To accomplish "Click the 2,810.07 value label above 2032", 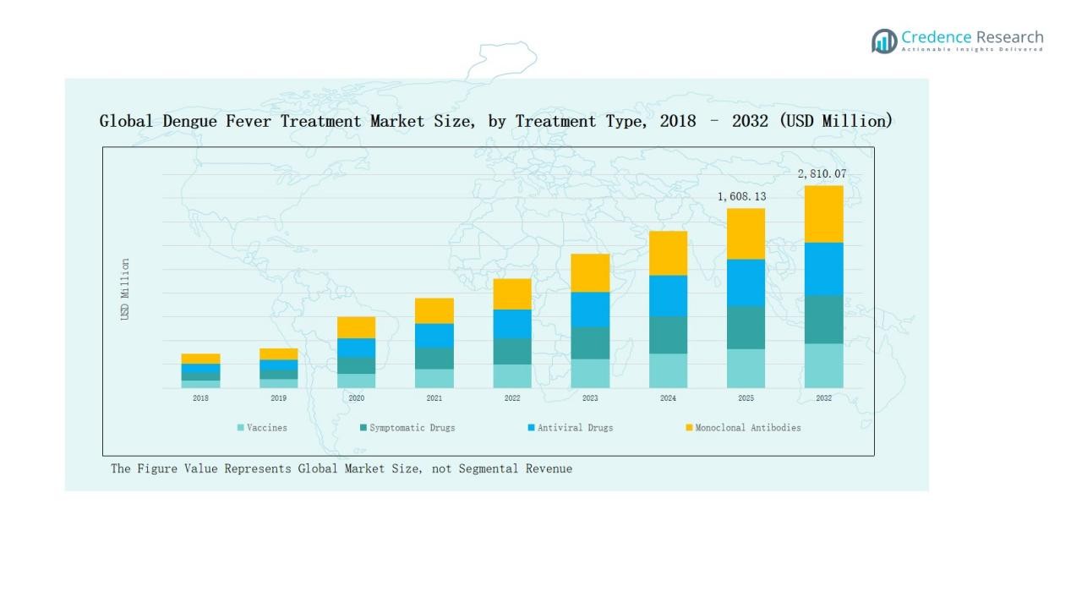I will click(x=822, y=174).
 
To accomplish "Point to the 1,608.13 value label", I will click(x=741, y=197).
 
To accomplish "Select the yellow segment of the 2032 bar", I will click(x=823, y=214).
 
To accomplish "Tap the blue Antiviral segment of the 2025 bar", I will click(x=746, y=282).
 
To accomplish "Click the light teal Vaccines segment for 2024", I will click(x=668, y=370).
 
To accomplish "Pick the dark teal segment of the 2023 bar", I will click(x=590, y=343).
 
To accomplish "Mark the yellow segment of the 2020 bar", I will click(x=356, y=327).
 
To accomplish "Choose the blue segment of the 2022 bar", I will click(x=512, y=324).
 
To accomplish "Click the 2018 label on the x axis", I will click(x=200, y=398).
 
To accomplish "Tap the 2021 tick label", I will click(x=434, y=398).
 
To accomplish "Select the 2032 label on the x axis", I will click(x=823, y=398).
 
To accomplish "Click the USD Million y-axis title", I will click(x=125, y=289).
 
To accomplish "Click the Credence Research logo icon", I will click(x=884, y=41).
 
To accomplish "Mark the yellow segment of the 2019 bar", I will click(x=278, y=354).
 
